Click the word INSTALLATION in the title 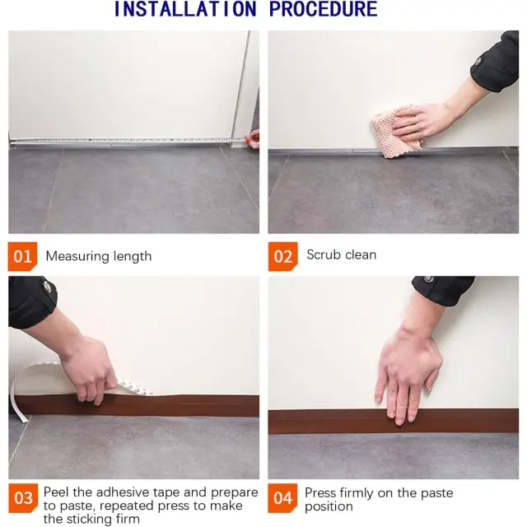point(185,9)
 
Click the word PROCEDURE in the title point(324,9)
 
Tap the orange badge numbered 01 point(22,256)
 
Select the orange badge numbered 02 point(283,256)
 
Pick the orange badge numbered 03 point(23,498)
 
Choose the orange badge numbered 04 point(282,498)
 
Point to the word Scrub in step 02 point(324,254)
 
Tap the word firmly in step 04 point(356,493)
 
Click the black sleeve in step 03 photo point(31,301)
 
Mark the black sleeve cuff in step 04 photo point(443,290)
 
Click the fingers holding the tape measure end point(253,139)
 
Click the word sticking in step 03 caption point(91,519)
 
